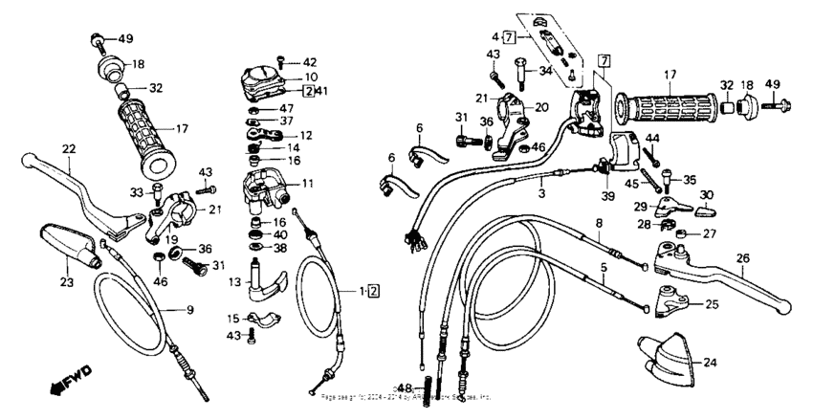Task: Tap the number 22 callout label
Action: [68, 148]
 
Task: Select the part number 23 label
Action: [67, 282]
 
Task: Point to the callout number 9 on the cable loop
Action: [189, 309]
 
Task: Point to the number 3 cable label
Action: [540, 192]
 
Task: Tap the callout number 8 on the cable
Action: [599, 223]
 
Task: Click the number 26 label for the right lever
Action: [742, 257]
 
